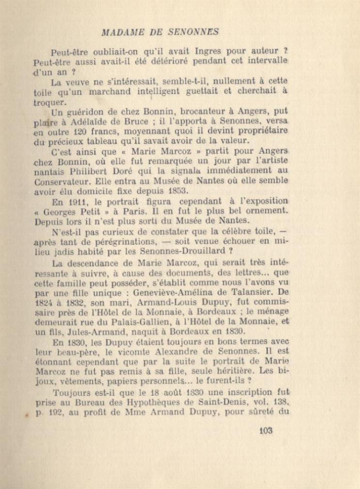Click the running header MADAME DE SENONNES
[x=160, y=32]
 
